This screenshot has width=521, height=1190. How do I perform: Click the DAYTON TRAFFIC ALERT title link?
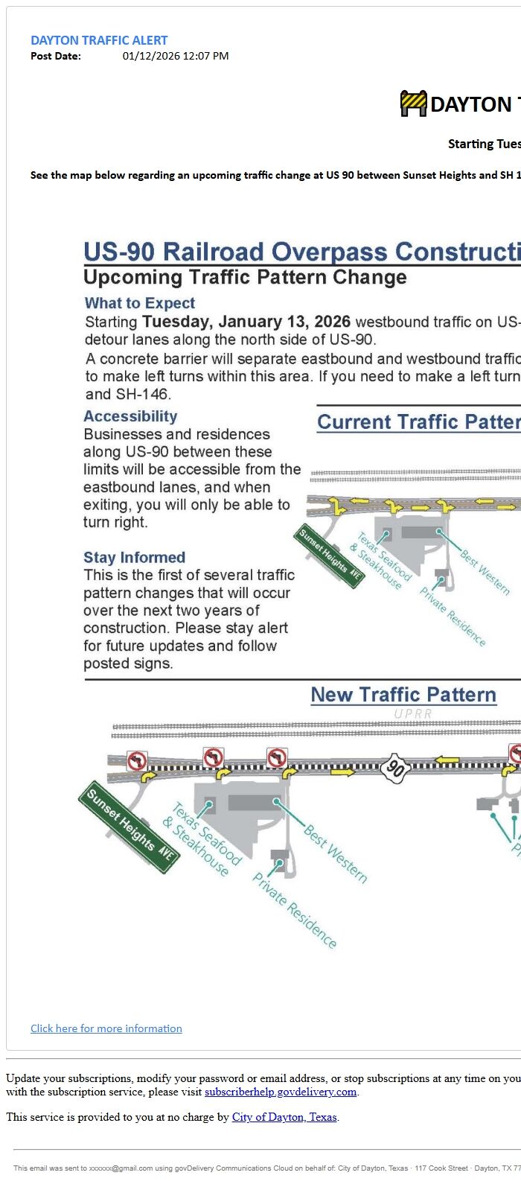99,40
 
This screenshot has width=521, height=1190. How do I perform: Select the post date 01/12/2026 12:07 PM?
176,56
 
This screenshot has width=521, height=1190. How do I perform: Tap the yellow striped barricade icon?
413,104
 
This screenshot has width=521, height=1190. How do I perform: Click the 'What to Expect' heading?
140,303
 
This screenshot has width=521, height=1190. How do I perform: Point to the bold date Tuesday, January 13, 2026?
246,322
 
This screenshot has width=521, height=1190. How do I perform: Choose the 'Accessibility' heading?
130,416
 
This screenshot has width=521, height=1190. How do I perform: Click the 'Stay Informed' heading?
134,557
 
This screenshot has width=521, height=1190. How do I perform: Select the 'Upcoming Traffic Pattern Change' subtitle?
245,278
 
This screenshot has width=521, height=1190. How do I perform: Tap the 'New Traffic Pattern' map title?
403,695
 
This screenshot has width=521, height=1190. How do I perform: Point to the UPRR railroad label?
413,713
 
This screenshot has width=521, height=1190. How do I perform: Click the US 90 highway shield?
396,769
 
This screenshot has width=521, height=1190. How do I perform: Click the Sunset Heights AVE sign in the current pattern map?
330,556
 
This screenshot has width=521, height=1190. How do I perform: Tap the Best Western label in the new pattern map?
335,854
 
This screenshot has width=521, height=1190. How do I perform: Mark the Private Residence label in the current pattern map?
453,616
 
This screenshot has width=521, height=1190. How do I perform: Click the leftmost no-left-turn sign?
137,761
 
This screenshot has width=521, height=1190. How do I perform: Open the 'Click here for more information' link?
106,1028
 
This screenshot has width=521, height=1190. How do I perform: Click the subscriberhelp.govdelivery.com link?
281,1092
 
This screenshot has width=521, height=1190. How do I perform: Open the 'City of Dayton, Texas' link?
284,1117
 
